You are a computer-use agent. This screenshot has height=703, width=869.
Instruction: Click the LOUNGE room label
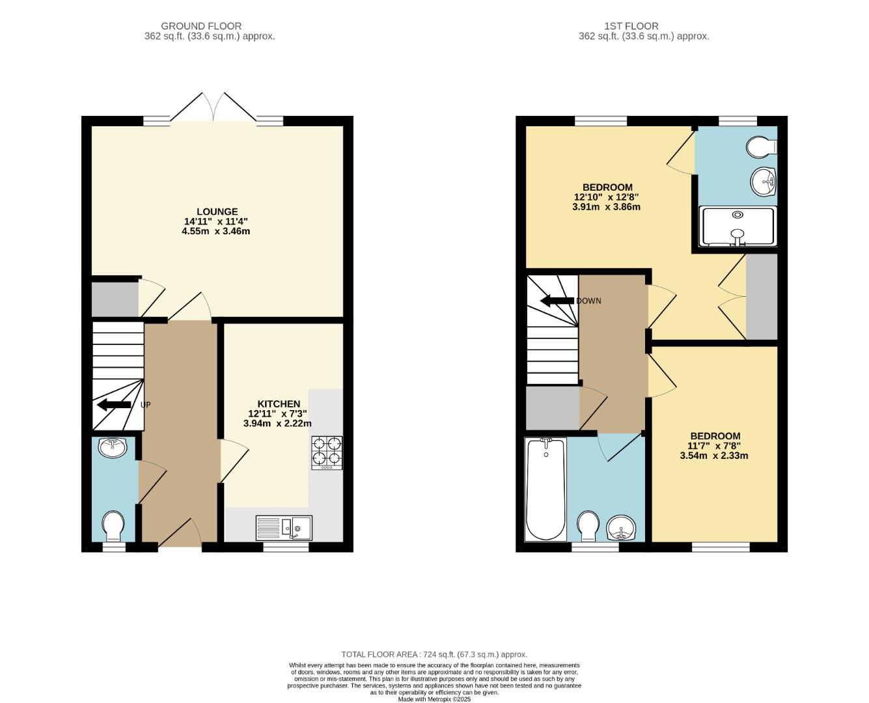[217, 212]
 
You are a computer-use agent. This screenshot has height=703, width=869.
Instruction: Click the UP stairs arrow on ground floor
[114, 405]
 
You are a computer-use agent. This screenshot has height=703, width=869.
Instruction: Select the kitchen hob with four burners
[327, 452]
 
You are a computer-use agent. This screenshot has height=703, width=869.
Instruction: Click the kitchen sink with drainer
[284, 527]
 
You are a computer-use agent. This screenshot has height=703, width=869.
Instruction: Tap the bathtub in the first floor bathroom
[545, 489]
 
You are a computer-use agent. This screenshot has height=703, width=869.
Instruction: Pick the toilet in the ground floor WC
[114, 525]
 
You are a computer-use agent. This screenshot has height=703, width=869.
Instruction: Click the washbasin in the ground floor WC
[113, 447]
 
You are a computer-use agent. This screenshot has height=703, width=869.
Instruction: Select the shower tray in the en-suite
[738, 227]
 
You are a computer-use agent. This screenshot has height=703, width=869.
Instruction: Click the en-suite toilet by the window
[761, 146]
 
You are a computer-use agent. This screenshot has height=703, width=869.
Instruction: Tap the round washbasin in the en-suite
[763, 181]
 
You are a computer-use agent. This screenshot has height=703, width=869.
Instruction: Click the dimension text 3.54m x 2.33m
[714, 456]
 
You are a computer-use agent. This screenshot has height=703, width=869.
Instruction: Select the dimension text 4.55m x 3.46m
[216, 231]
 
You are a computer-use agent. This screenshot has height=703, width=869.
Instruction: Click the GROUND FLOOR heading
[201, 26]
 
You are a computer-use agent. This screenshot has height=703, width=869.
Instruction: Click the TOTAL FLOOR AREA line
[434, 654]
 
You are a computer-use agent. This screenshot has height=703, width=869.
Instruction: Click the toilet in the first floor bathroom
[588, 525]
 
